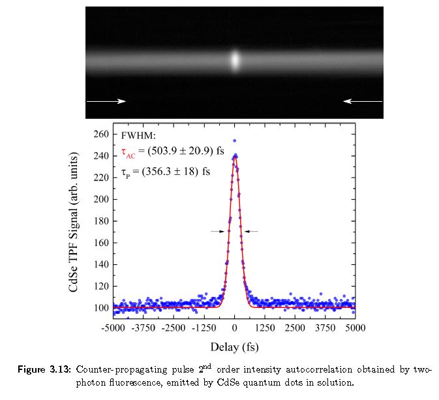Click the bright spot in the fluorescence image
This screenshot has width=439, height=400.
(235, 61)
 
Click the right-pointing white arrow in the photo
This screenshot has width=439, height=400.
(106, 101)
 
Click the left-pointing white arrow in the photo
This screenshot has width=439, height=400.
(363, 101)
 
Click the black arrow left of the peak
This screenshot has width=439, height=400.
(217, 231)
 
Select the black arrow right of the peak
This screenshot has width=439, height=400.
(251, 231)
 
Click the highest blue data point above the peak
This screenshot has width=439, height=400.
(234, 140)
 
